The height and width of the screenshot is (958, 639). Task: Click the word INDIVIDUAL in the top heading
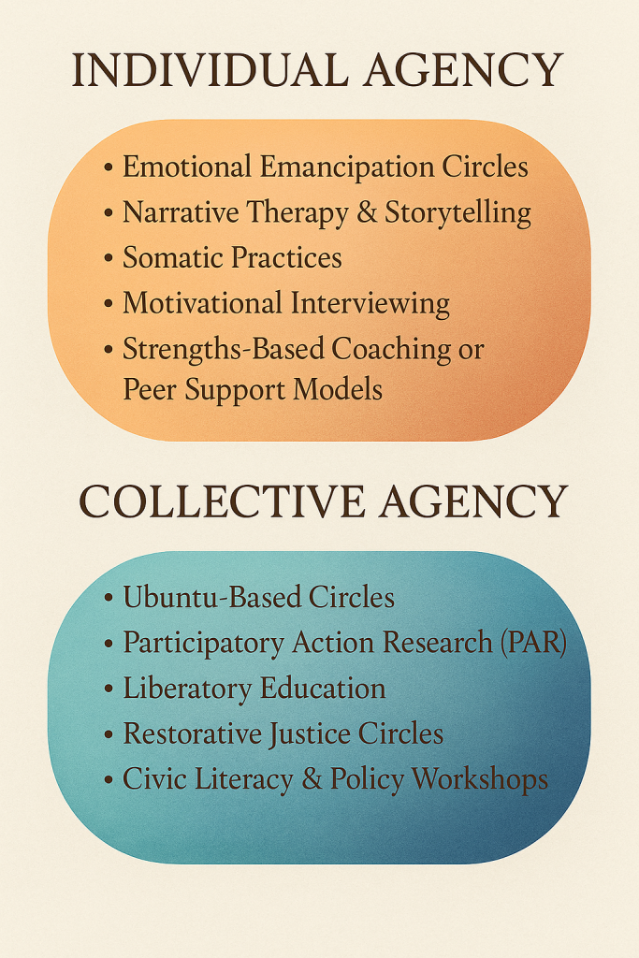point(210,71)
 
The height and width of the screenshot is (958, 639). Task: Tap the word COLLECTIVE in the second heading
point(222,502)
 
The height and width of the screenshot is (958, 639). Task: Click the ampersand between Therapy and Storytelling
point(367,212)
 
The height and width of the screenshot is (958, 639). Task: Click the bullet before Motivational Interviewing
point(109,303)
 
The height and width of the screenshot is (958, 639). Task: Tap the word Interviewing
point(370,304)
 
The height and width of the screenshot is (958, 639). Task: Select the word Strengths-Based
point(224,350)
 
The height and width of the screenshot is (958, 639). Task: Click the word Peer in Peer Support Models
point(150,389)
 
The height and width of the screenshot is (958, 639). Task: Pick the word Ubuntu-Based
point(212,597)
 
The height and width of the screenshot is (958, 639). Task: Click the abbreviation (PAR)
point(533,643)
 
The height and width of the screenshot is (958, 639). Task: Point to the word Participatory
point(203,644)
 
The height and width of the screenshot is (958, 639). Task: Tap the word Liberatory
point(187,689)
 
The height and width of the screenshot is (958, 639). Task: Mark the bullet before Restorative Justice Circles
point(109,733)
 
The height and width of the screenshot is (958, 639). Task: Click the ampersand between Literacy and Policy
point(312,779)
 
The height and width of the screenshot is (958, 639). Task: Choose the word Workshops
point(480,780)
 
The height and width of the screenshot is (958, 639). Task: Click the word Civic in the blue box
point(148,779)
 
